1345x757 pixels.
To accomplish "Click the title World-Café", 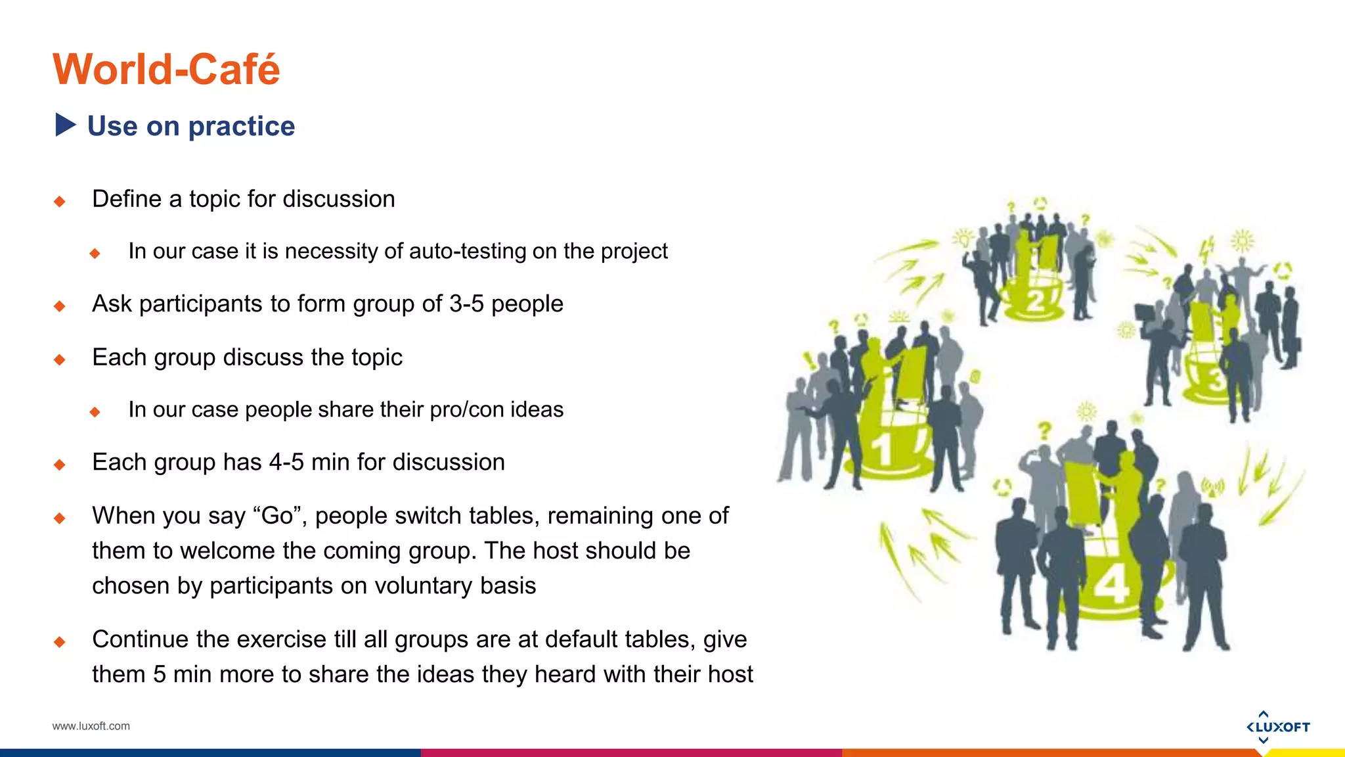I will pyautogui.click(x=166, y=70).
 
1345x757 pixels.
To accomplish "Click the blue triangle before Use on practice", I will pyautogui.click(x=65, y=125).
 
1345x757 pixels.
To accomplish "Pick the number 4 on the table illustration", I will pyautogui.click(x=1111, y=584).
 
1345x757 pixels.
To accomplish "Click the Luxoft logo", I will pyautogui.click(x=1277, y=727).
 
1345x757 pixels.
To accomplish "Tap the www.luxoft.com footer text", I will pyautogui.click(x=91, y=726).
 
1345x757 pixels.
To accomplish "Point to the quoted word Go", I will pyautogui.click(x=276, y=516).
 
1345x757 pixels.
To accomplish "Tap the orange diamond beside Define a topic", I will pyautogui.click(x=60, y=201).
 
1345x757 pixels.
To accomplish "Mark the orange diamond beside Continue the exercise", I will pyautogui.click(x=60, y=641).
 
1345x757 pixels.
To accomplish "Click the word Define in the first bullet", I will pyautogui.click(x=127, y=199).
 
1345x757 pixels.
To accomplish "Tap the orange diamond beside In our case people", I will pyautogui.click(x=95, y=412).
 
